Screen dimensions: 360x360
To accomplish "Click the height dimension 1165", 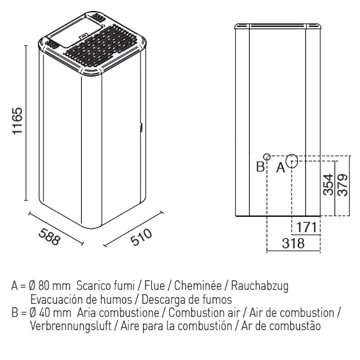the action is click(x=18, y=121).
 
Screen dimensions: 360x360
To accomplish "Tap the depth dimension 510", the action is click(x=141, y=237).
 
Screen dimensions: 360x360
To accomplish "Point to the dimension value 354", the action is click(x=328, y=184).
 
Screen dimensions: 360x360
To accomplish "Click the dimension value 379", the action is click(x=343, y=184).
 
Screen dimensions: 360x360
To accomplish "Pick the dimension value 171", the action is click(x=306, y=228).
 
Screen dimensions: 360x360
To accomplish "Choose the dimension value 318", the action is click(x=293, y=243).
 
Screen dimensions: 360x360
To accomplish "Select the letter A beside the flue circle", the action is click(x=280, y=167).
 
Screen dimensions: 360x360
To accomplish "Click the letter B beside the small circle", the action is click(x=261, y=166).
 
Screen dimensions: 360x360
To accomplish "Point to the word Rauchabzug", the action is click(x=260, y=286).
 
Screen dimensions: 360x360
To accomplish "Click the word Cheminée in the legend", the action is click(x=198, y=286).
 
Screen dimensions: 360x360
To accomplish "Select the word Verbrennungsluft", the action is click(x=71, y=326).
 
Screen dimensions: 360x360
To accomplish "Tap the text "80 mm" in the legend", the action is click(x=54, y=286).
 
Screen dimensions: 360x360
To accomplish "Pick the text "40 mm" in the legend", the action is click(x=55, y=313).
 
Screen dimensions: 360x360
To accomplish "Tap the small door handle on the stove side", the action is click(x=141, y=128).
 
